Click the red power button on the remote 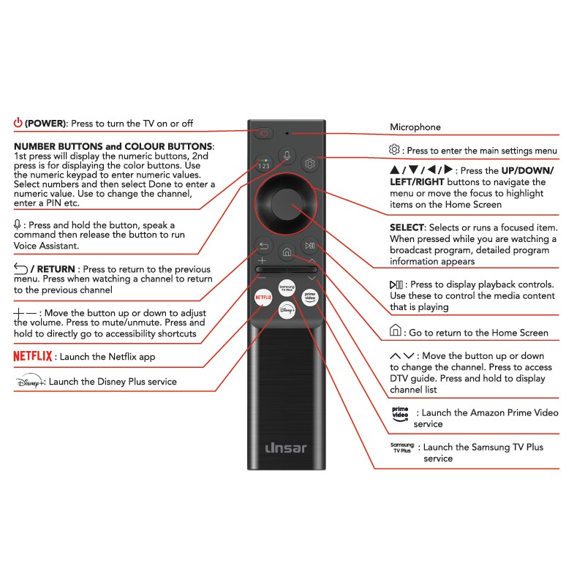coord(263,133)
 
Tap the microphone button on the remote coord(287,156)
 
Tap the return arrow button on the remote coord(263,246)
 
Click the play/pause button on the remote coord(310,246)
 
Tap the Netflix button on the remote coord(263,298)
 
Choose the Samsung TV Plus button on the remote coord(287,286)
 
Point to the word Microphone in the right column coord(415,127)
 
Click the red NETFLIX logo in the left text coord(33,356)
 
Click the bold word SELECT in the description coord(407,228)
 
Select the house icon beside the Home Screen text coord(396,332)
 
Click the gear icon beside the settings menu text coord(395,150)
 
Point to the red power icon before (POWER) coord(18,123)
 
